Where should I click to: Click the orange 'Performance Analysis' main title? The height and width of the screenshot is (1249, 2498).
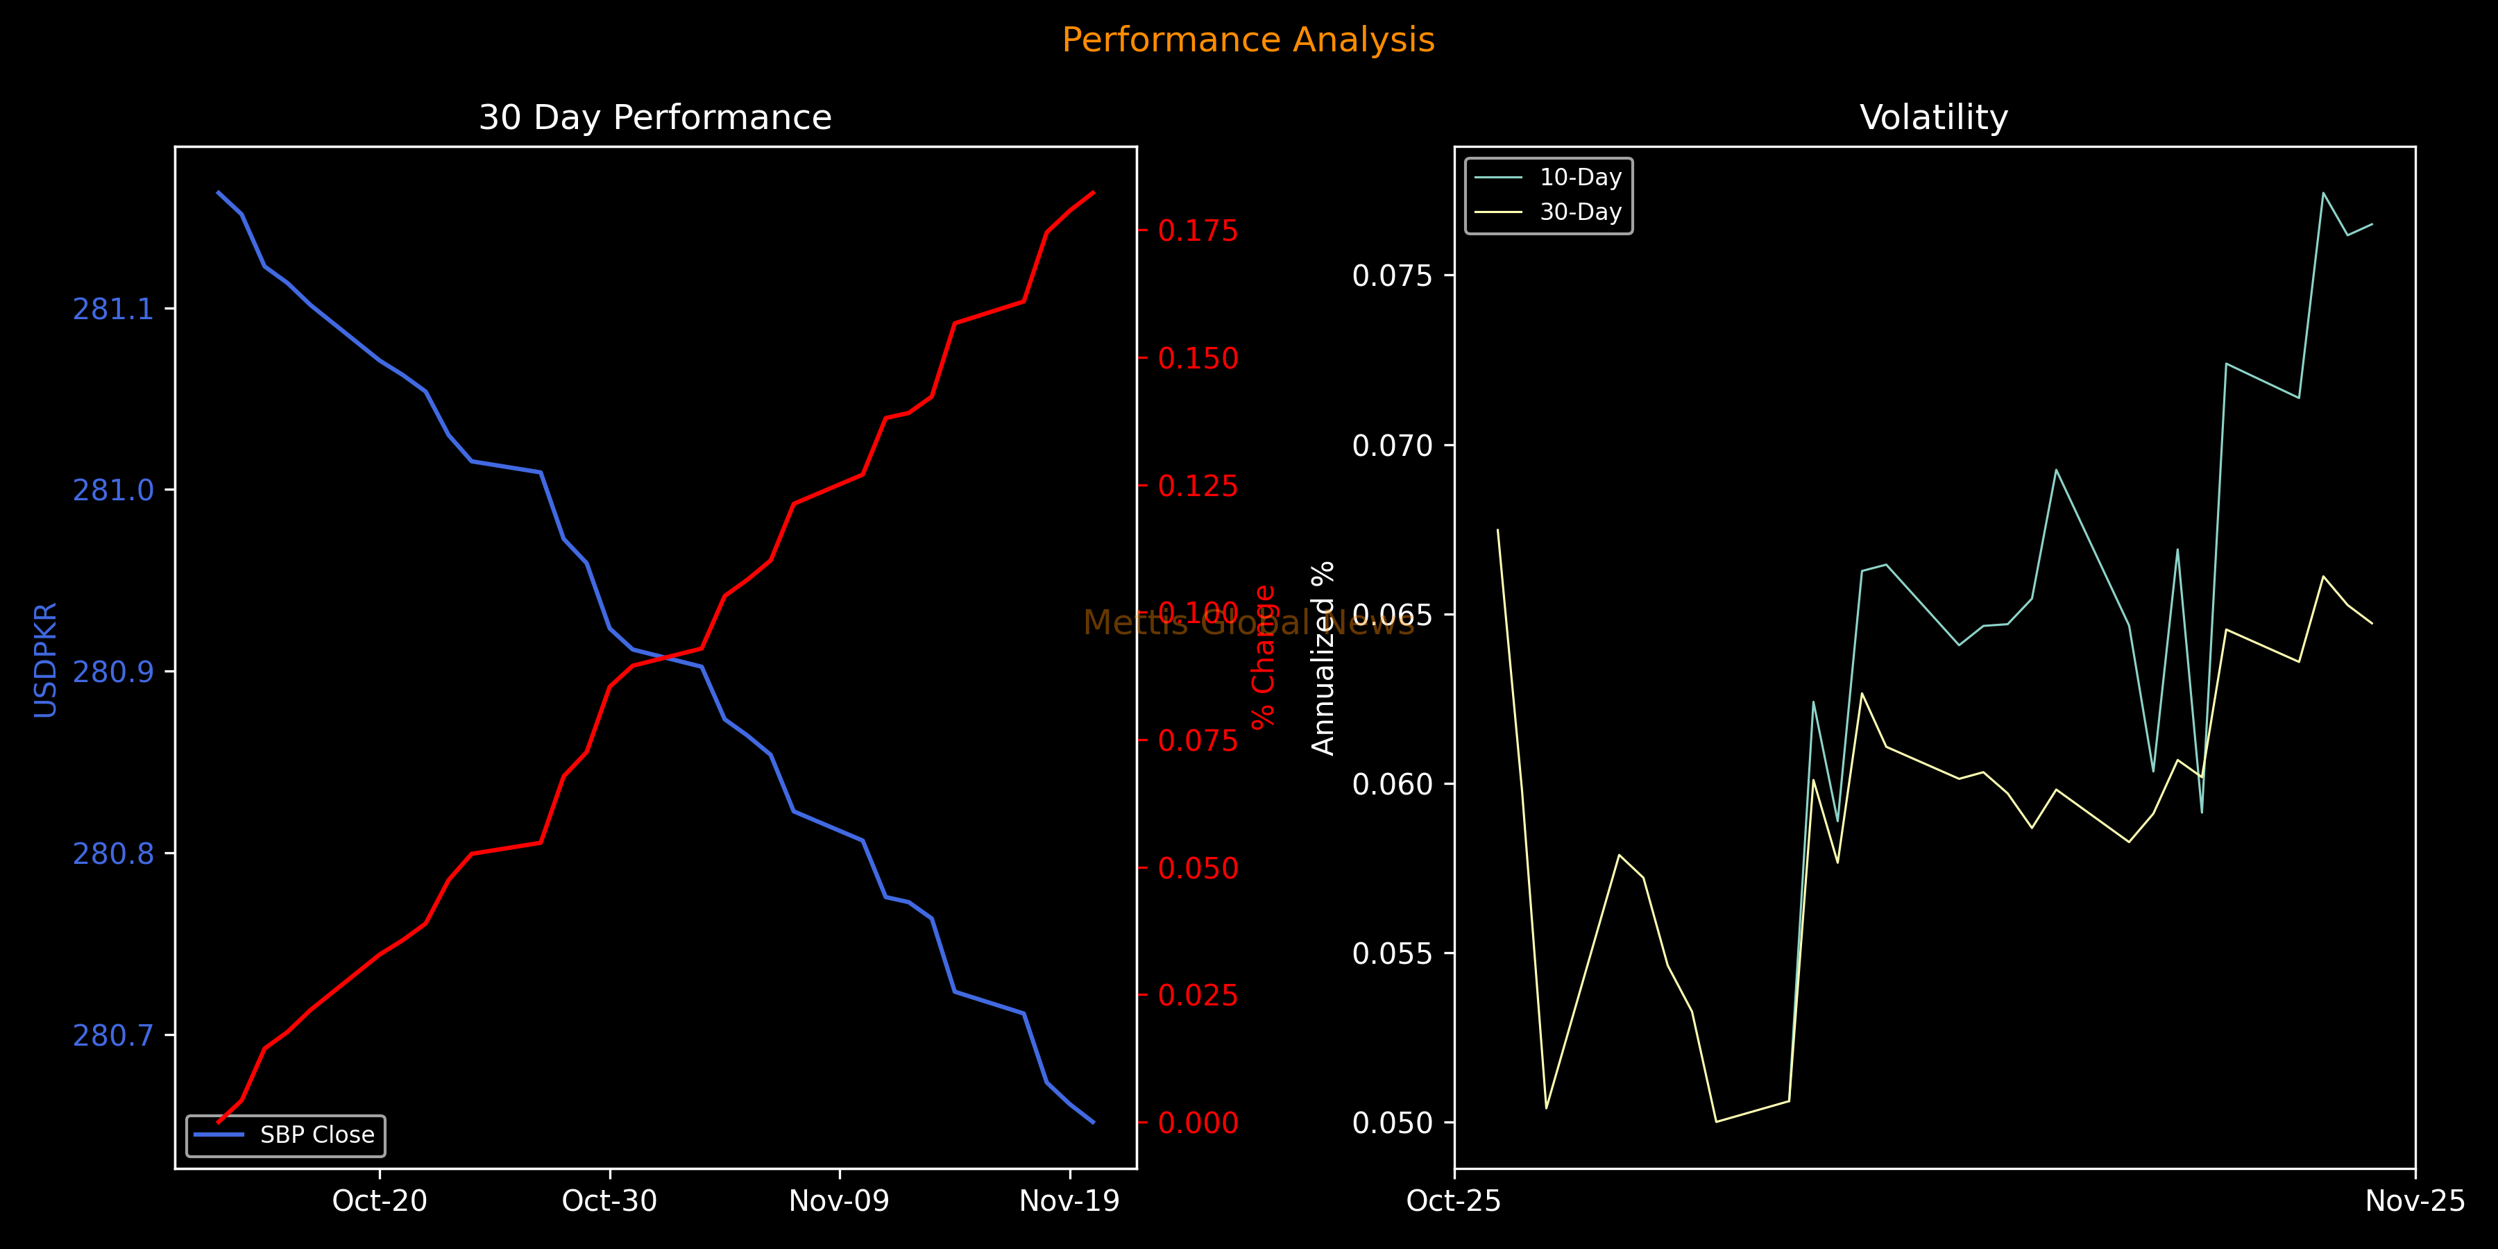pyautogui.click(x=1248, y=40)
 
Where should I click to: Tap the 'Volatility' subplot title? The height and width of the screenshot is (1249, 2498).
pyautogui.click(x=1932, y=117)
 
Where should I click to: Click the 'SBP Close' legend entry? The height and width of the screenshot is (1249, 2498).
pyautogui.click(x=316, y=1135)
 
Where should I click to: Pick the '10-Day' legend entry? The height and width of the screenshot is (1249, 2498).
pyautogui.click(x=1580, y=178)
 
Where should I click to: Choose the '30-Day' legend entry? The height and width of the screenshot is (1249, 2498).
pyautogui.click(x=1580, y=212)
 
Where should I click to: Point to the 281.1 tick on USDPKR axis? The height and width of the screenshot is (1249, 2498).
pyautogui.click(x=114, y=309)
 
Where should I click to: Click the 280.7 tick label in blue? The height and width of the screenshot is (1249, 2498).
pyautogui.click(x=114, y=1036)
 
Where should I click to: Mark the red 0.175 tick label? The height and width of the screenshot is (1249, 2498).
pyautogui.click(x=1198, y=231)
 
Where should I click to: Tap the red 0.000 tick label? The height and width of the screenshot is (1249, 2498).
pyautogui.click(x=1198, y=1123)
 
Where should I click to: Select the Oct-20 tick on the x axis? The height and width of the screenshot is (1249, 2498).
pyautogui.click(x=379, y=1200)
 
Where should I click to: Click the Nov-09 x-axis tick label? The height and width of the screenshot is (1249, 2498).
pyautogui.click(x=839, y=1200)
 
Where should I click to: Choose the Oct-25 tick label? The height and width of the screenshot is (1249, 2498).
pyautogui.click(x=1454, y=1200)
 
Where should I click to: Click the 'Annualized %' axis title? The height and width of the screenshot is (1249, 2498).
pyautogui.click(x=1323, y=658)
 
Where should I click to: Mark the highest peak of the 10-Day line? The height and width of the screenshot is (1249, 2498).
pyautogui.click(x=2323, y=193)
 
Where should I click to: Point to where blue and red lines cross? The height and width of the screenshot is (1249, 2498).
pyautogui.click(x=666, y=659)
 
